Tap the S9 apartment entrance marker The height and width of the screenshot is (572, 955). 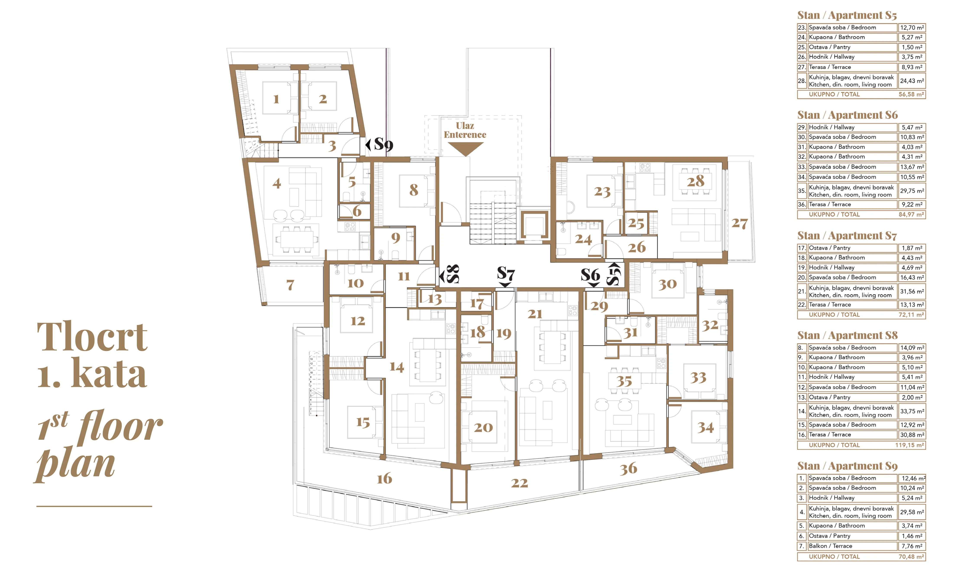tap(380, 145)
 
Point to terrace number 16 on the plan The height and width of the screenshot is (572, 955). tap(384, 479)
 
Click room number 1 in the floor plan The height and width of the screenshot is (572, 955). tap(276, 99)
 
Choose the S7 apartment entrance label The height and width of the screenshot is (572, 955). tap(506, 275)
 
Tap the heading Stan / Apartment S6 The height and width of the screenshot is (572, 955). tap(847, 115)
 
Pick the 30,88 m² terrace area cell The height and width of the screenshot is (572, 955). tap(912, 435)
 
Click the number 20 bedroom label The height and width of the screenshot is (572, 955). tap(483, 427)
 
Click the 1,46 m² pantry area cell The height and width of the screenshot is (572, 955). tap(912, 536)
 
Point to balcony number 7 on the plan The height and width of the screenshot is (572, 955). tap(290, 285)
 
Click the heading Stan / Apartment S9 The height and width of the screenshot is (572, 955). tap(847, 466)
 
